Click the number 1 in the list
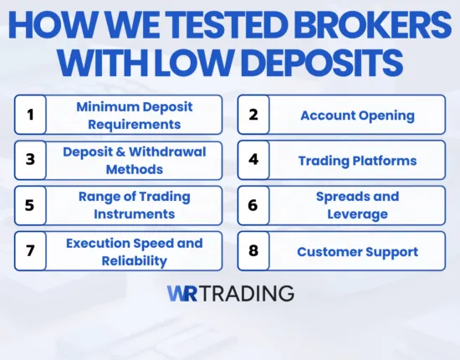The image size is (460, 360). [x=30, y=115]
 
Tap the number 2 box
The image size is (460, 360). [x=253, y=115]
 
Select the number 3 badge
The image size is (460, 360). [x=30, y=160]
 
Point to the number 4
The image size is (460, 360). [x=253, y=160]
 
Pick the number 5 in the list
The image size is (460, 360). [x=30, y=205]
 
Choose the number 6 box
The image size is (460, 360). [x=253, y=205]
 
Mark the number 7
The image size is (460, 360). [x=30, y=251]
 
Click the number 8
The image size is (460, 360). [x=253, y=251]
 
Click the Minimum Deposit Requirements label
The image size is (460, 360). [x=134, y=115]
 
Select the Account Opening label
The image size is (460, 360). [x=357, y=115]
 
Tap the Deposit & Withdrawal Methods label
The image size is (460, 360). [x=134, y=160]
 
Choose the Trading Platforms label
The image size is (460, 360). [x=357, y=160]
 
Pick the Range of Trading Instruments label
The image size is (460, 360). [x=134, y=205]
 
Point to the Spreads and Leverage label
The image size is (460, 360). [x=357, y=205]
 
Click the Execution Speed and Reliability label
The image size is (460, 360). [x=134, y=251]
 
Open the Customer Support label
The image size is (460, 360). [x=357, y=251]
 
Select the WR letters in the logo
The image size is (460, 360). [x=182, y=293]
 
